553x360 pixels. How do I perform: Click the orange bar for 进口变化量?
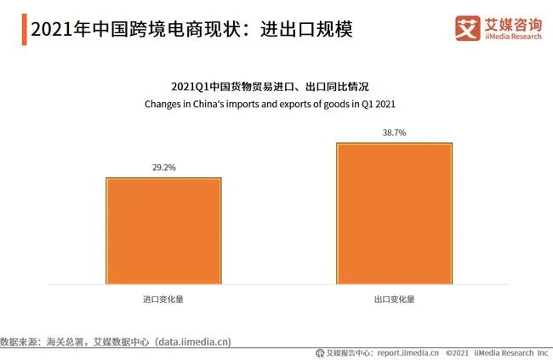(163, 230)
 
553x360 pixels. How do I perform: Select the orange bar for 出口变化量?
(394, 213)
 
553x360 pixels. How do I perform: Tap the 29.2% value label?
(163, 168)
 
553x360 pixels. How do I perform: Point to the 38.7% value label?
(394, 133)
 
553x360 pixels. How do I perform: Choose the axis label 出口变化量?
(394, 300)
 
